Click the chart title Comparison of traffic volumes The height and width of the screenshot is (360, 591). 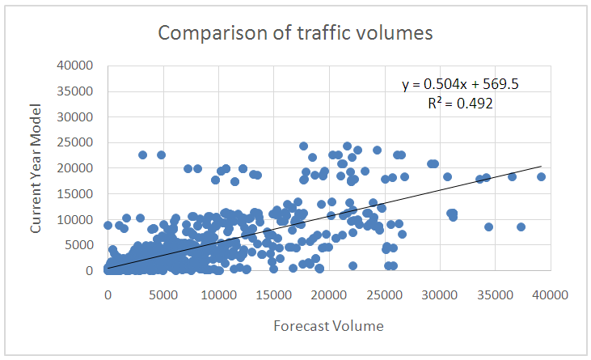click(x=295, y=33)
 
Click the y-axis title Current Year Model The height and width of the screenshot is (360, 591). click(x=36, y=167)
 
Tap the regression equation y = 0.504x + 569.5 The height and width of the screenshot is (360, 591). click(x=460, y=85)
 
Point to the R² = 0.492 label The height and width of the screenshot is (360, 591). click(x=460, y=103)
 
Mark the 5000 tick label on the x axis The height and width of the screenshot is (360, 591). click(x=163, y=296)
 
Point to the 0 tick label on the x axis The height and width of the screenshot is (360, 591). click(x=108, y=296)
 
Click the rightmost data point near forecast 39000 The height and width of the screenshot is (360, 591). click(x=541, y=176)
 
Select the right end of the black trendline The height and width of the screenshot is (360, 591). click(x=541, y=167)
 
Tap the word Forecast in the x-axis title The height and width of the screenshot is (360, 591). click(x=296, y=326)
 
